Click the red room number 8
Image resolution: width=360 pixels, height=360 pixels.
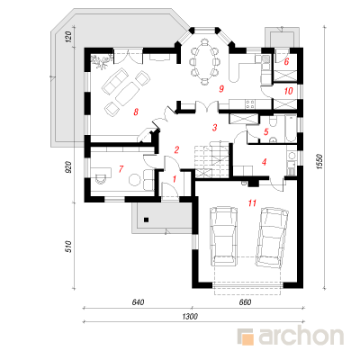click(136, 112)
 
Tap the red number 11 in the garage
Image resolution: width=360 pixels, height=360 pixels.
click(252, 203)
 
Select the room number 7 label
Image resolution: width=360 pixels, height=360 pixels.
click(121, 169)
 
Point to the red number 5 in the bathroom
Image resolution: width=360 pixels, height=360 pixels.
click(265, 131)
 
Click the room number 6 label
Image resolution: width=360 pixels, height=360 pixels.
click(286, 62)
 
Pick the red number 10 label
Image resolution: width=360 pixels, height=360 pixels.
click(288, 91)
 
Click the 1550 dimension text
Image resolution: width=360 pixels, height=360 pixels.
click(319, 162)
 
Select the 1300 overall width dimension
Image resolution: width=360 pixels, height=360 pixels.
click(190, 316)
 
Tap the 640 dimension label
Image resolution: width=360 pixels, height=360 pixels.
click(138, 302)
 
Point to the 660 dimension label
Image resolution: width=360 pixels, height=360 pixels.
click(245, 302)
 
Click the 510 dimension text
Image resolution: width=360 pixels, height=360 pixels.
click(68, 247)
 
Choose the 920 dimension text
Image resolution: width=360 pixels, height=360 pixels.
click(68, 167)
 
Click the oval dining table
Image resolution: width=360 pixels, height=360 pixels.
click(204, 61)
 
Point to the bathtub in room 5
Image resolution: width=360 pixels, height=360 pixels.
click(290, 129)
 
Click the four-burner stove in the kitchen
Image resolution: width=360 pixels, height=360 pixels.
click(250, 103)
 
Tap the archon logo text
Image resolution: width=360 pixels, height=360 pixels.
click(301, 337)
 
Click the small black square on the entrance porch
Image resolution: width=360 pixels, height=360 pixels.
click(146, 220)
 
